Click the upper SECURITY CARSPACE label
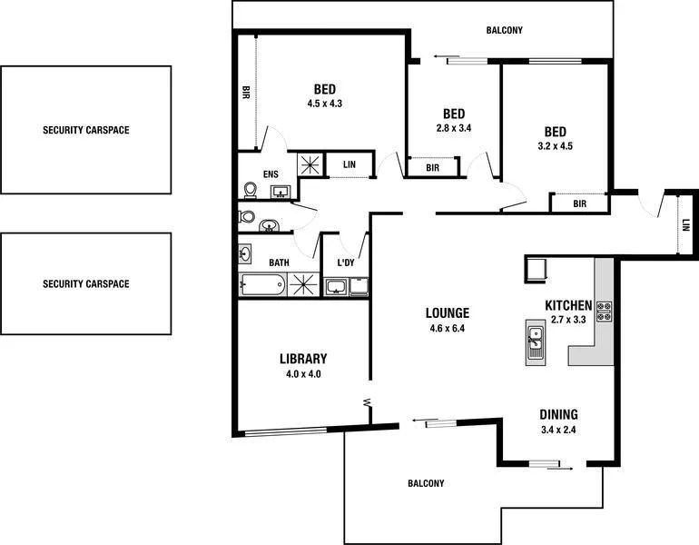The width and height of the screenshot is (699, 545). point(86,130)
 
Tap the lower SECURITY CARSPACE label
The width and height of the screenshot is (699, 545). point(86,284)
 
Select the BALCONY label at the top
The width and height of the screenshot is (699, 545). point(504,31)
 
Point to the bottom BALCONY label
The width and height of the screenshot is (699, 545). point(426,484)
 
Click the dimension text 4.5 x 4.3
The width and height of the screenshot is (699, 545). point(325,104)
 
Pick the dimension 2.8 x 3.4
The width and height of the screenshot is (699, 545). point(454,128)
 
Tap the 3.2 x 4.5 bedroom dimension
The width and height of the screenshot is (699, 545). point(555,145)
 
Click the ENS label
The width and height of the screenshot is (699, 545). point(271,174)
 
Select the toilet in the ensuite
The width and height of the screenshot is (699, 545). point(250,190)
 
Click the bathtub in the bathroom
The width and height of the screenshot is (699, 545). point(262,285)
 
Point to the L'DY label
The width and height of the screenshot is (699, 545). point(345,263)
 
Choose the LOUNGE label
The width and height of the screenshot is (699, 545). point(448,314)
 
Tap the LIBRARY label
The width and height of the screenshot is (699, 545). point(303,359)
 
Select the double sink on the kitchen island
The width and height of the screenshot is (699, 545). point(536,341)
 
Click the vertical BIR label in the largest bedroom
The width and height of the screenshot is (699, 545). point(245,92)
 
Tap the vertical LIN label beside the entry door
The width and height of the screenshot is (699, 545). point(685,224)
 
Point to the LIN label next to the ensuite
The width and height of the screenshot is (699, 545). point(349,164)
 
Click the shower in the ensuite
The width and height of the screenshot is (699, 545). point(311,164)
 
